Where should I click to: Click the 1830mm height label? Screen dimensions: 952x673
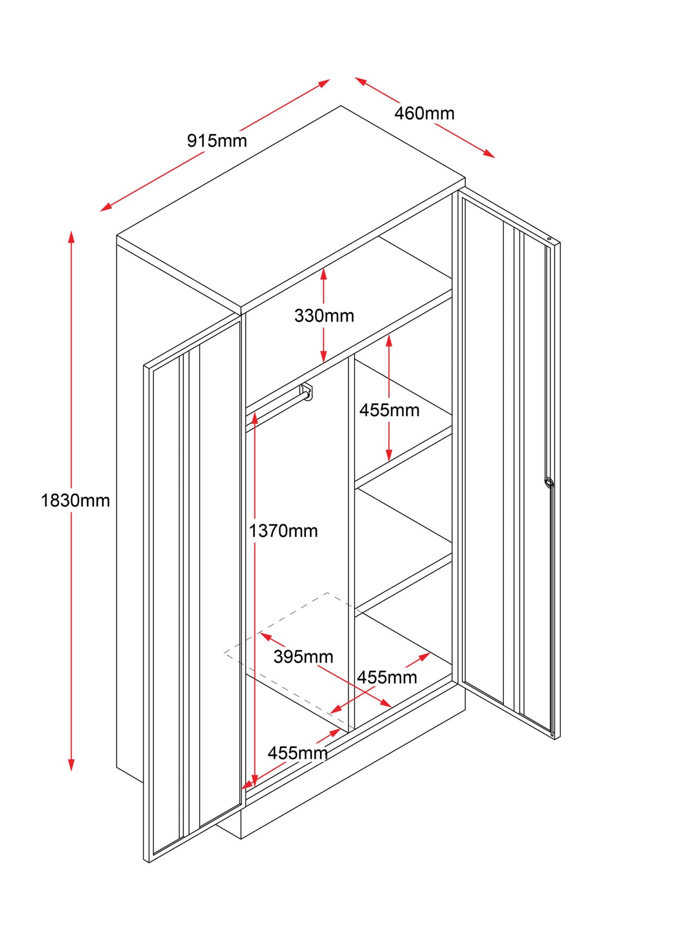(x=75, y=500)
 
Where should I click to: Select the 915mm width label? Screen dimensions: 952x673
(x=217, y=141)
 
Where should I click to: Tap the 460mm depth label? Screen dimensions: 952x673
(x=424, y=113)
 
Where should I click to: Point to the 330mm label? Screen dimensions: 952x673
(x=324, y=315)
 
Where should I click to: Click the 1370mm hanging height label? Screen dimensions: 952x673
(x=283, y=531)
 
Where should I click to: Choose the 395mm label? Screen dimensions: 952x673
(x=303, y=657)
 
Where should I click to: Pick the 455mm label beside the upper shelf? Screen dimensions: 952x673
(x=389, y=410)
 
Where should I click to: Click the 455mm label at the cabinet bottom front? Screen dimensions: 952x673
(x=298, y=753)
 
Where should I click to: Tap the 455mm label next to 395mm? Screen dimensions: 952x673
(x=387, y=677)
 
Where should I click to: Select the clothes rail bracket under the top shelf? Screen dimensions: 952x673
(x=307, y=391)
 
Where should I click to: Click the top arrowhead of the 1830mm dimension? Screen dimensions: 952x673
(x=71, y=236)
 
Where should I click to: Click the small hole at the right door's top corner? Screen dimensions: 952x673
(x=549, y=239)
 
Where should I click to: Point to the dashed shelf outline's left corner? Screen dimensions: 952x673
(x=225, y=653)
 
